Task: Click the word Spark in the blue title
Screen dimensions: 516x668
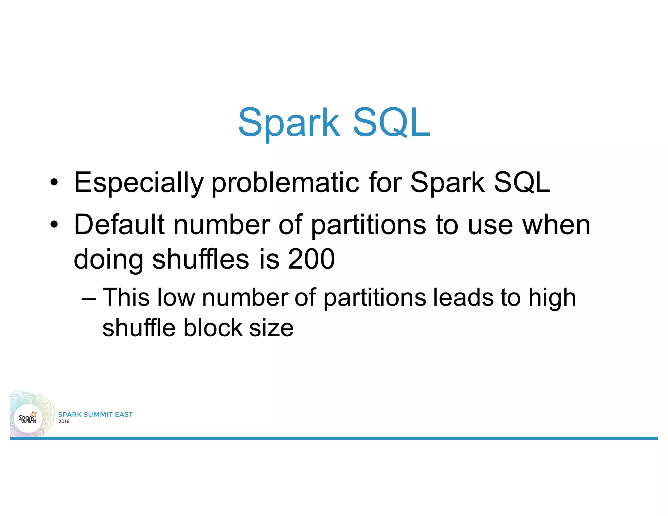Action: pos(289,123)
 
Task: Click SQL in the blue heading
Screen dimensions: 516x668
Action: pos(391,123)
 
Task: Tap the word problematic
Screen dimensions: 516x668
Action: pos(285,183)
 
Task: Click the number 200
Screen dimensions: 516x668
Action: pos(311,259)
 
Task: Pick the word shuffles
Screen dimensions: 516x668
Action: pos(201,259)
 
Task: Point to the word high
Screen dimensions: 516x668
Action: pos(552,298)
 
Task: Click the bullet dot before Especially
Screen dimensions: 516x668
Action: pos(54,183)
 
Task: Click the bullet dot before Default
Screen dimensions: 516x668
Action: pos(54,225)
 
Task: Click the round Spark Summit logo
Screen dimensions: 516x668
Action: pos(28,418)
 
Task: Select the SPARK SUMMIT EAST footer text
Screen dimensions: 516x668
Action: pos(95,415)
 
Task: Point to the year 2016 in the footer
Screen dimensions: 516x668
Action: pos(64,421)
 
